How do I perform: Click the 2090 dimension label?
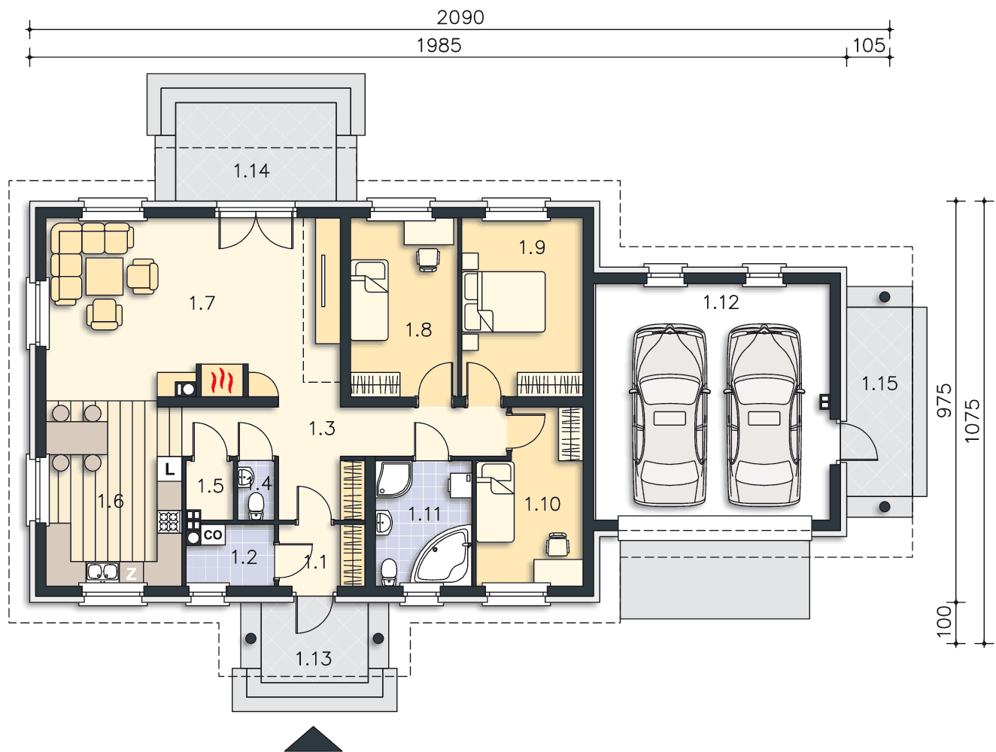(460, 18)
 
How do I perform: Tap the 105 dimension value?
(869, 45)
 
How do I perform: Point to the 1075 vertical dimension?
(971, 421)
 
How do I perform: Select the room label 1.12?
(721, 302)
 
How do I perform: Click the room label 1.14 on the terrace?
(251, 171)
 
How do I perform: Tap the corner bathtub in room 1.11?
(442, 555)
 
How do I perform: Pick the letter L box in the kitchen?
(170, 469)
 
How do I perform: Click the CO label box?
(212, 535)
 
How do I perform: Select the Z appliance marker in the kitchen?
(131, 573)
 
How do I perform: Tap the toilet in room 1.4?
(256, 505)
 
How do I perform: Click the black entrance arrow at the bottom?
(313, 739)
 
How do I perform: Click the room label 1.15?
(879, 384)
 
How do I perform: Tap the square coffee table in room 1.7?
(105, 277)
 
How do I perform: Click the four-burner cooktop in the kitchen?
(169, 522)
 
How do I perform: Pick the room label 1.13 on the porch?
(314, 659)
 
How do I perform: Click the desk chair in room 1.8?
(428, 259)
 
